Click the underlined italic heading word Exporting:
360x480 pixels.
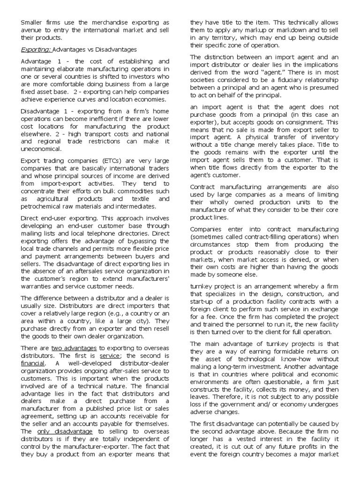point(36,49)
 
